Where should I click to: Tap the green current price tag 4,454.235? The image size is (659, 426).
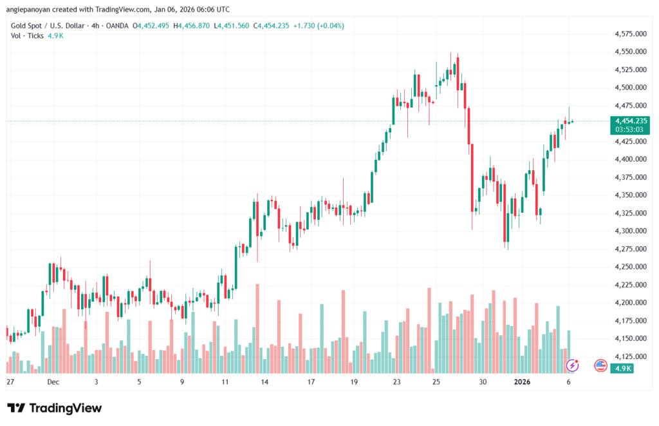(631, 121)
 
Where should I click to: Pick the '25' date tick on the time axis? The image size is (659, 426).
(436, 382)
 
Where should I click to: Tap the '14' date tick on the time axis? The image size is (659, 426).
(265, 382)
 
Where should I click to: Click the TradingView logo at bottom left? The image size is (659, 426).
(54, 408)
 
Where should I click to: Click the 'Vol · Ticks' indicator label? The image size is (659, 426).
(26, 35)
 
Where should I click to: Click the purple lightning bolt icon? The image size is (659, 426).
(571, 365)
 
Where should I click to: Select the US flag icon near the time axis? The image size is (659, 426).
(600, 365)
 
